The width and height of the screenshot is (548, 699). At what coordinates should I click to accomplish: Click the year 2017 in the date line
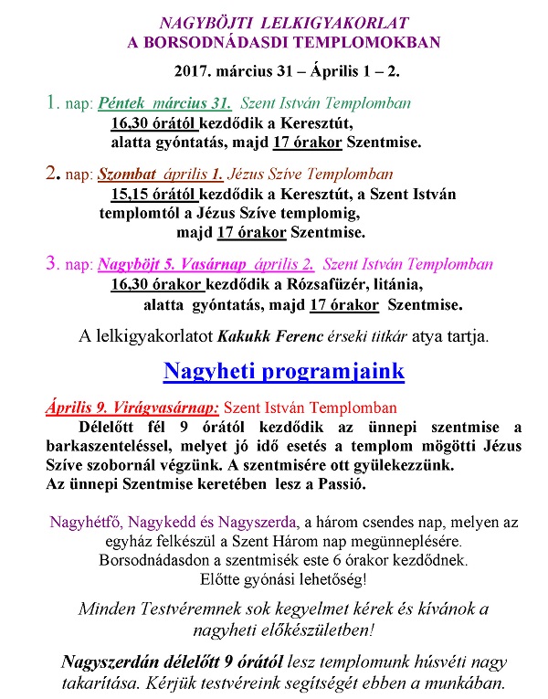pyautogui.click(x=191, y=69)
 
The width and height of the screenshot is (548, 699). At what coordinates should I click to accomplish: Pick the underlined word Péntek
pyautogui.click(x=122, y=104)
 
